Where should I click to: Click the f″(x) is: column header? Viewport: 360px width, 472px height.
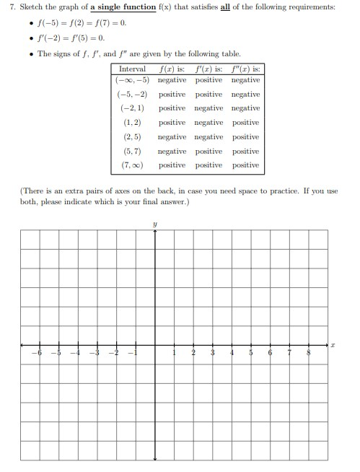pyautogui.click(x=246, y=69)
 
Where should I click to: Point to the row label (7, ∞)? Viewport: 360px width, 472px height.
pyautogui.click(x=132, y=165)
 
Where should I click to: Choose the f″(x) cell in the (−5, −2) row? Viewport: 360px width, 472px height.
pyautogui.click(x=246, y=94)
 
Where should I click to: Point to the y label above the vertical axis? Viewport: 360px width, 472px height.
pyautogui.click(x=154, y=224)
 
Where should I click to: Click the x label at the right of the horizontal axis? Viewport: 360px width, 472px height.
pyautogui.click(x=333, y=346)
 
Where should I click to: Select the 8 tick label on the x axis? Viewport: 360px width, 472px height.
pyautogui.click(x=308, y=353)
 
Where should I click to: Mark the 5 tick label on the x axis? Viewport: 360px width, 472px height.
pyautogui.click(x=250, y=353)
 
